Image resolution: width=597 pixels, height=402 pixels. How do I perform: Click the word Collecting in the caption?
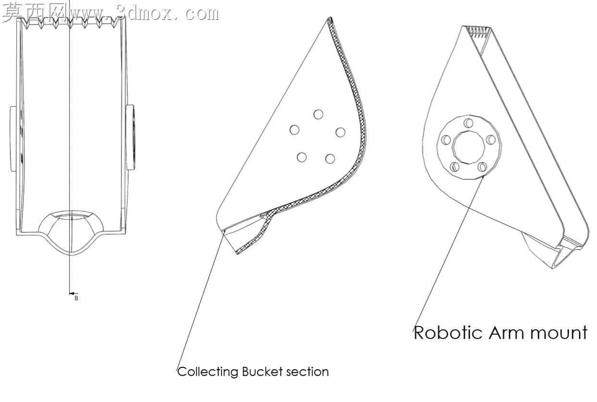tap(208, 372)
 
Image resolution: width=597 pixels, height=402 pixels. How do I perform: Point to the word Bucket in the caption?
tap(262, 372)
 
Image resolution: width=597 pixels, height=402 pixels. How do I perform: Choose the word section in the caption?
tap(307, 372)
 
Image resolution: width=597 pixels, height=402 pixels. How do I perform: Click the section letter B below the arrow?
tap(76, 298)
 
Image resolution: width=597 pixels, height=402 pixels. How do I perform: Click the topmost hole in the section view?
tap(318, 114)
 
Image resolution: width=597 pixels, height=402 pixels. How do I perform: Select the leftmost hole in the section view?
tap(295, 130)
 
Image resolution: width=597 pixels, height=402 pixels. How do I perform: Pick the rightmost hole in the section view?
tap(340, 132)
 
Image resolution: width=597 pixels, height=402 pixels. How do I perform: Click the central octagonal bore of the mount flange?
tap(469, 147)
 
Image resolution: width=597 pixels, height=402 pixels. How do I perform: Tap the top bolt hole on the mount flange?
tap(468, 123)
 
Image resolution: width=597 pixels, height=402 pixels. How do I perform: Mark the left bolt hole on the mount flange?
tap(446, 140)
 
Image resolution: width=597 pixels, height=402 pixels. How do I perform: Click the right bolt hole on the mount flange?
tap(491, 139)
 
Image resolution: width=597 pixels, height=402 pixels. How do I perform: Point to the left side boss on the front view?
tap(13, 139)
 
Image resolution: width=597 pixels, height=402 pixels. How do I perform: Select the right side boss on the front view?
tap(130, 137)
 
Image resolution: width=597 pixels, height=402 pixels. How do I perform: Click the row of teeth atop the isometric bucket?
tap(479, 33)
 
